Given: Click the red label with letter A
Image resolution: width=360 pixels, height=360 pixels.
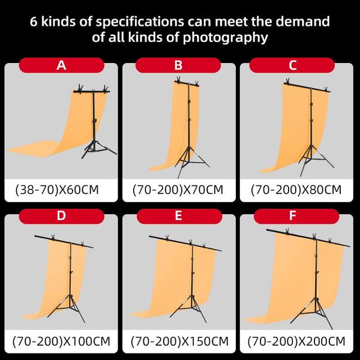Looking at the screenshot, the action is (62, 65).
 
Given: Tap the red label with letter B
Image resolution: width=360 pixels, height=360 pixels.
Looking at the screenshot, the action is (178, 65).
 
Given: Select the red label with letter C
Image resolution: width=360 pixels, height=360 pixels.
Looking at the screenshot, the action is (292, 65).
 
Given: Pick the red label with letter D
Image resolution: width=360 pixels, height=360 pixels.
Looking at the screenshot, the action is (62, 216).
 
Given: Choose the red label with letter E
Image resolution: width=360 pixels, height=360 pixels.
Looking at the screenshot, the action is (179, 216).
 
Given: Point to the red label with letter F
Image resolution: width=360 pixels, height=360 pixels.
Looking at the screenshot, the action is (296, 216).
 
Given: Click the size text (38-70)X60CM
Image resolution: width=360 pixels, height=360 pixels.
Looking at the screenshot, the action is (57, 190).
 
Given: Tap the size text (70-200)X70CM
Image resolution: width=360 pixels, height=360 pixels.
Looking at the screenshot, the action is (178, 190).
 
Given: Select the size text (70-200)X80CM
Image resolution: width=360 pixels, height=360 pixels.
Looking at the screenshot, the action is (296, 190).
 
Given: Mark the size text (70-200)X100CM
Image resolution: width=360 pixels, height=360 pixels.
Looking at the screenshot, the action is (61, 341).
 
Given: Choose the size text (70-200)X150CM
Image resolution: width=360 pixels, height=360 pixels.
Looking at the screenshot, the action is (179, 341).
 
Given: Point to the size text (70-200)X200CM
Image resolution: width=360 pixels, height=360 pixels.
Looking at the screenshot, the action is (296, 341).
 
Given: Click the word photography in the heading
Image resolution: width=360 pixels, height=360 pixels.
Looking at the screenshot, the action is (226, 37).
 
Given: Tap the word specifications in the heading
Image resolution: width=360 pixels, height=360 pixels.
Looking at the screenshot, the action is (140, 22).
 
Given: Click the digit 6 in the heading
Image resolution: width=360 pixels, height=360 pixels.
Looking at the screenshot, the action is (34, 22).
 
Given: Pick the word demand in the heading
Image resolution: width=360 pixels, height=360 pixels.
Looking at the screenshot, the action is (302, 22).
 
